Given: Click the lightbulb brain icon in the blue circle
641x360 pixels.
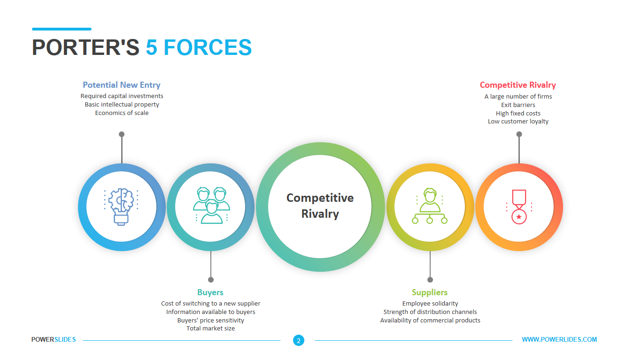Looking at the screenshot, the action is coord(121,207).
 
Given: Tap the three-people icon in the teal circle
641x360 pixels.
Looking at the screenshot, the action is coord(211,205).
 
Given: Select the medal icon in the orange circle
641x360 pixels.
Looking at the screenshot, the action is coord(519,207).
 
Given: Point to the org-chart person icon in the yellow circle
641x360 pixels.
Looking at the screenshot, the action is coord(430,206).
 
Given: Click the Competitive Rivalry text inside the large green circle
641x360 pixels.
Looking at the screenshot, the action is coord(320,206).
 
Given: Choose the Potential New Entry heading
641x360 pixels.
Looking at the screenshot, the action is coord(122,85).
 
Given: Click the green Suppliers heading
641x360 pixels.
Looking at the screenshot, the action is coord(430,292).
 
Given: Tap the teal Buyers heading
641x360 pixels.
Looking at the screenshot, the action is coord(210,292).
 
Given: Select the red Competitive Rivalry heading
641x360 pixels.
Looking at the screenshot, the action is coord(518,85).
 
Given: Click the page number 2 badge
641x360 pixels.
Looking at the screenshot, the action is coord(299,340).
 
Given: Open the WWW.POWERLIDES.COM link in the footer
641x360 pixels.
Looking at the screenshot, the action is coord(559,339).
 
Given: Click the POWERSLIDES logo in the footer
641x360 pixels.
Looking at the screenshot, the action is coord(54,339).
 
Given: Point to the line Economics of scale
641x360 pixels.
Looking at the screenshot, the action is coord(122,113).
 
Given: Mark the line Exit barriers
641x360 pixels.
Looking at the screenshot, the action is coord(518,105).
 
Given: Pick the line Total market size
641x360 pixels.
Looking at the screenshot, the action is coord(210,329).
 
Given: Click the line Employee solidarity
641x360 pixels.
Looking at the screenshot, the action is coord(430,303).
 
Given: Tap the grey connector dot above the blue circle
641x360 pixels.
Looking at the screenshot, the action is coord(122,134).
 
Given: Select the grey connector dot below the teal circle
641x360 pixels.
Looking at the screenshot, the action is coord(211,280).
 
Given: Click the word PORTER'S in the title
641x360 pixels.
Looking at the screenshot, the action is coord(85,47).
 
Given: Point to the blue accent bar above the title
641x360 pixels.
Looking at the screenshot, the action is coord(62,29).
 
